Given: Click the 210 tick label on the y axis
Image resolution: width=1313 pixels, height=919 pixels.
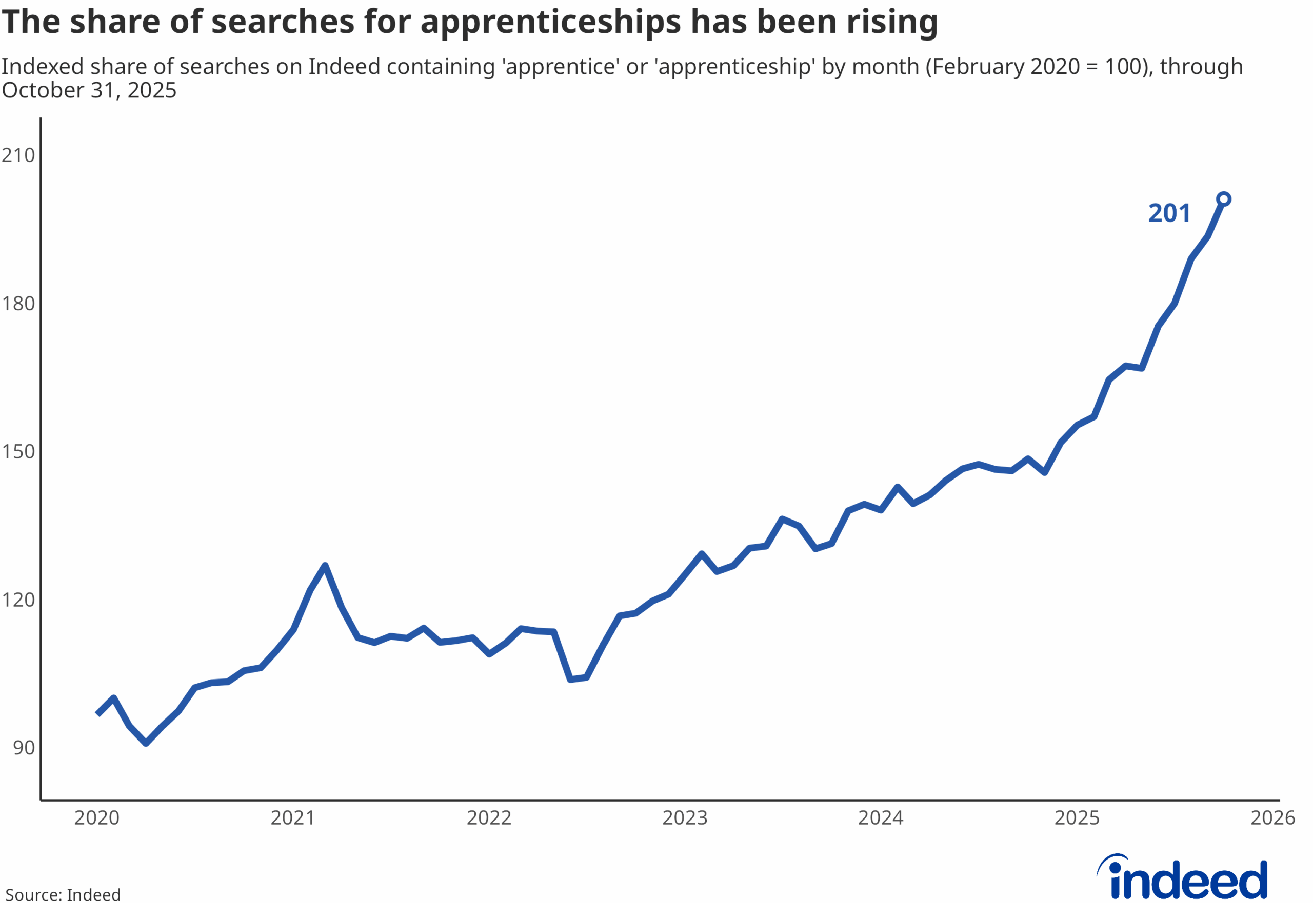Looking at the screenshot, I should click(18, 155).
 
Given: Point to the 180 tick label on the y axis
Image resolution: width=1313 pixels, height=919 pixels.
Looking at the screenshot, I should click(18, 304).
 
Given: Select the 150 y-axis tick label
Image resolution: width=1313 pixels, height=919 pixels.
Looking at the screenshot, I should click(18, 452).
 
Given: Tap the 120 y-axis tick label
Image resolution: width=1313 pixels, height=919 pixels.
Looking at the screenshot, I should click(18, 600).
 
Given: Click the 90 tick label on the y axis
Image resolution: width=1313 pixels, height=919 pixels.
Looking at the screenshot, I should click(24, 748).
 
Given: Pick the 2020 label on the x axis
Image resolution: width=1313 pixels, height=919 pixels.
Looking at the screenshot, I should click(96, 818).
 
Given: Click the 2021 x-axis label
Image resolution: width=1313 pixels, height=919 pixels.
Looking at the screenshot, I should click(293, 818).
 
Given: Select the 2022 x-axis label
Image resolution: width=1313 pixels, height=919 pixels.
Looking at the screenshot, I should click(489, 818).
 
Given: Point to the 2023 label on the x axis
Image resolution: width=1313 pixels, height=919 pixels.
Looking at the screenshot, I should click(685, 818).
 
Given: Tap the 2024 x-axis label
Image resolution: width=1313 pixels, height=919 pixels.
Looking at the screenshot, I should click(881, 818).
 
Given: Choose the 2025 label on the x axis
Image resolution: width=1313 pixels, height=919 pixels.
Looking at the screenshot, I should click(1077, 818).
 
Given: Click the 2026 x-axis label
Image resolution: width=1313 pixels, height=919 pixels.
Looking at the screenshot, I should click(1273, 818).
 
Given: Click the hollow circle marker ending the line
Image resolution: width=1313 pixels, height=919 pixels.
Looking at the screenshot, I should click(1223, 199).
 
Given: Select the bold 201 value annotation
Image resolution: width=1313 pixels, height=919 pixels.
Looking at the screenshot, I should click(1169, 213).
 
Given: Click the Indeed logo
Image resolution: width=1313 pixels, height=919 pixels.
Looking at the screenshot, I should click(1183, 878).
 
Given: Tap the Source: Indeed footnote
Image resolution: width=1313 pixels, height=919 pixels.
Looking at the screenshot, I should click(63, 895).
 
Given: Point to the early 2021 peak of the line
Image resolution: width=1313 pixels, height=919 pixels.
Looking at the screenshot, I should click(325, 566).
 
